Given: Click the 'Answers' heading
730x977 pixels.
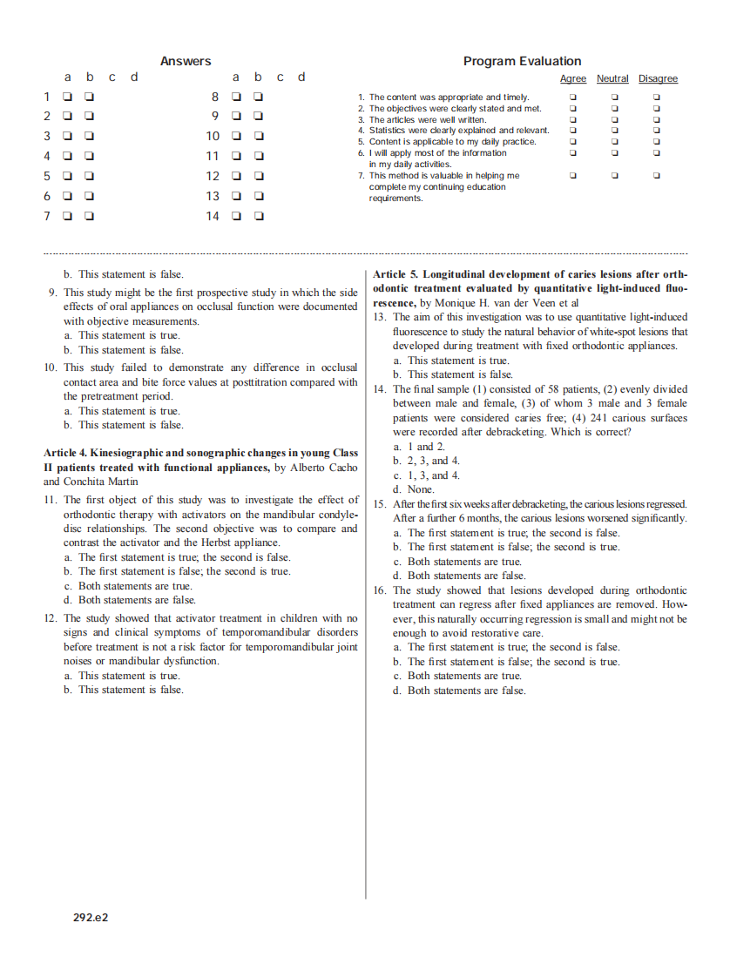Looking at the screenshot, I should click(x=186, y=61).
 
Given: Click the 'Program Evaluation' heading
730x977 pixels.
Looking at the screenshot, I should click(x=522, y=61).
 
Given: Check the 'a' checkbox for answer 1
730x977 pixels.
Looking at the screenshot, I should click(x=67, y=96).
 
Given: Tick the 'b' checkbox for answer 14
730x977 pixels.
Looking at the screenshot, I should click(x=259, y=217).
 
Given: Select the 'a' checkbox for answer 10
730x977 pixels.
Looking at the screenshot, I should click(x=236, y=136).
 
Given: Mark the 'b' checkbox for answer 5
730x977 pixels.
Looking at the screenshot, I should click(x=90, y=176).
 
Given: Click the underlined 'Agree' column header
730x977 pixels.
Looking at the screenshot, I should click(x=572, y=79).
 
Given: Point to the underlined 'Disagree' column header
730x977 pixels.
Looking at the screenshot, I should click(x=658, y=79).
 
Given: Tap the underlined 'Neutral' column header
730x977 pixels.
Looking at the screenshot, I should click(x=612, y=79).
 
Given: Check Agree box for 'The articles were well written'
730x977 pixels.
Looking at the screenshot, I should click(x=572, y=119).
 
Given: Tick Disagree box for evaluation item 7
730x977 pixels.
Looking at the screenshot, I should click(x=657, y=176).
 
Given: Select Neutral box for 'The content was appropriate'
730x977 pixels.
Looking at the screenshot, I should click(x=614, y=98).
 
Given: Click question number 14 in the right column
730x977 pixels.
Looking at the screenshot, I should click(x=379, y=389).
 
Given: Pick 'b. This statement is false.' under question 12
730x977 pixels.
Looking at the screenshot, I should click(x=124, y=690).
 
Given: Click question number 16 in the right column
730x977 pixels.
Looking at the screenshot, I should click(x=379, y=590).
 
